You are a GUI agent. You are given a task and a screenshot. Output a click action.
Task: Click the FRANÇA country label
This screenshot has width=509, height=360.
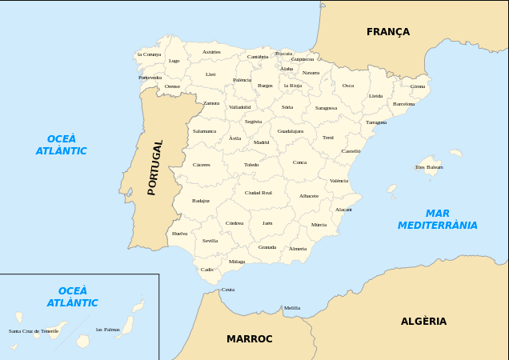coord(388,32)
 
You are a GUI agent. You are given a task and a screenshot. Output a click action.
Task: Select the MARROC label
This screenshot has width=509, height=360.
coord(250,339)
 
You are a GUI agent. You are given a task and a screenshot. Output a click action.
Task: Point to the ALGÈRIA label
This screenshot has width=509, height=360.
coord(423,322)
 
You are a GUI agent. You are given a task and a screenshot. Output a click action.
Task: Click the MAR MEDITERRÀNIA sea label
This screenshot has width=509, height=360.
coord(438,219)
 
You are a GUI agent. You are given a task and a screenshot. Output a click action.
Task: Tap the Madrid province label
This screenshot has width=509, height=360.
coord(262,142)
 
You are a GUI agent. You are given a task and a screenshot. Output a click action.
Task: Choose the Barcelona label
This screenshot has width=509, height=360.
coord(404,104)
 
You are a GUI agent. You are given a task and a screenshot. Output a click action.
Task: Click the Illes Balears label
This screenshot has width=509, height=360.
coord(429,167)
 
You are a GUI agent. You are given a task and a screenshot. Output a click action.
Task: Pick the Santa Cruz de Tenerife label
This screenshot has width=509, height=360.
coord(34,331)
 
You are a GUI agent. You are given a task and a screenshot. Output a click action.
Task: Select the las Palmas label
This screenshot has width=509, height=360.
coord(108,330)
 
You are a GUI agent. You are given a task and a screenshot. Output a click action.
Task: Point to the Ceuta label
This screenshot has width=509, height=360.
coord(228,290)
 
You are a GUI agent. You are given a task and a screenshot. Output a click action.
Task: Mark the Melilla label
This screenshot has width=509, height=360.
coord(292,308)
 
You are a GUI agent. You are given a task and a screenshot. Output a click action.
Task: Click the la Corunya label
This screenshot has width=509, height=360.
coord(149,54)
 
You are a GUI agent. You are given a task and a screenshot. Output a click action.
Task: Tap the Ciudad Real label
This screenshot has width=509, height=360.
coord(259,193)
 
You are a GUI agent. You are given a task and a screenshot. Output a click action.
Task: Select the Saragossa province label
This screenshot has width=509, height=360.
coord(326,108)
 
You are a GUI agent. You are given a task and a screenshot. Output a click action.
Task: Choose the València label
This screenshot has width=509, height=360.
coord(339,181)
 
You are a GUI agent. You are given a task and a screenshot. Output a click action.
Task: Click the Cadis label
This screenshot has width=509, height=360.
coord(207,270)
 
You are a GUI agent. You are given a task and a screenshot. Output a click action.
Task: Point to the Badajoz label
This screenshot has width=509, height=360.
coord(201,201)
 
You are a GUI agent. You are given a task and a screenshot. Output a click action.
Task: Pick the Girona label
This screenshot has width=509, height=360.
coord(418,86)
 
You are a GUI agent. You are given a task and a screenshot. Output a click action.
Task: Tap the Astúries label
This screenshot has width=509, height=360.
coord(211,52)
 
